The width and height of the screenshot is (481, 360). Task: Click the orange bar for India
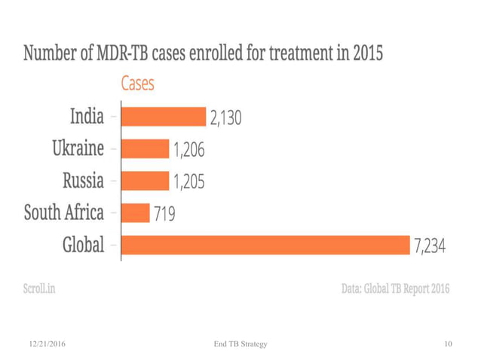coord(162,117)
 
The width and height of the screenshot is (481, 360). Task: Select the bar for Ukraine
coord(144,149)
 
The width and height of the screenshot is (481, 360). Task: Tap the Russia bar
coord(144,181)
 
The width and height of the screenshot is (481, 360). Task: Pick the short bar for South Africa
coord(134,213)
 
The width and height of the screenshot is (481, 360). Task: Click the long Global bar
coord(264,245)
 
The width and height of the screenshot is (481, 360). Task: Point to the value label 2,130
coord(226,118)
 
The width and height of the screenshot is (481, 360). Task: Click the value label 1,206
coord(189,150)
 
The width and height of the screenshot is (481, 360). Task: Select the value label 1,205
coord(189,182)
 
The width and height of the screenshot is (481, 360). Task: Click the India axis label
coord(87,117)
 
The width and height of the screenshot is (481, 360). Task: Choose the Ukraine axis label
coord(78,148)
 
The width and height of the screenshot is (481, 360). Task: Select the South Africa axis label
coord(64,213)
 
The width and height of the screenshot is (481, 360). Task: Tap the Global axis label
coord(83,246)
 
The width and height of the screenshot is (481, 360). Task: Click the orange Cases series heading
coord(137,84)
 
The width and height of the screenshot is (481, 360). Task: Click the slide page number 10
coord(448,344)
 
